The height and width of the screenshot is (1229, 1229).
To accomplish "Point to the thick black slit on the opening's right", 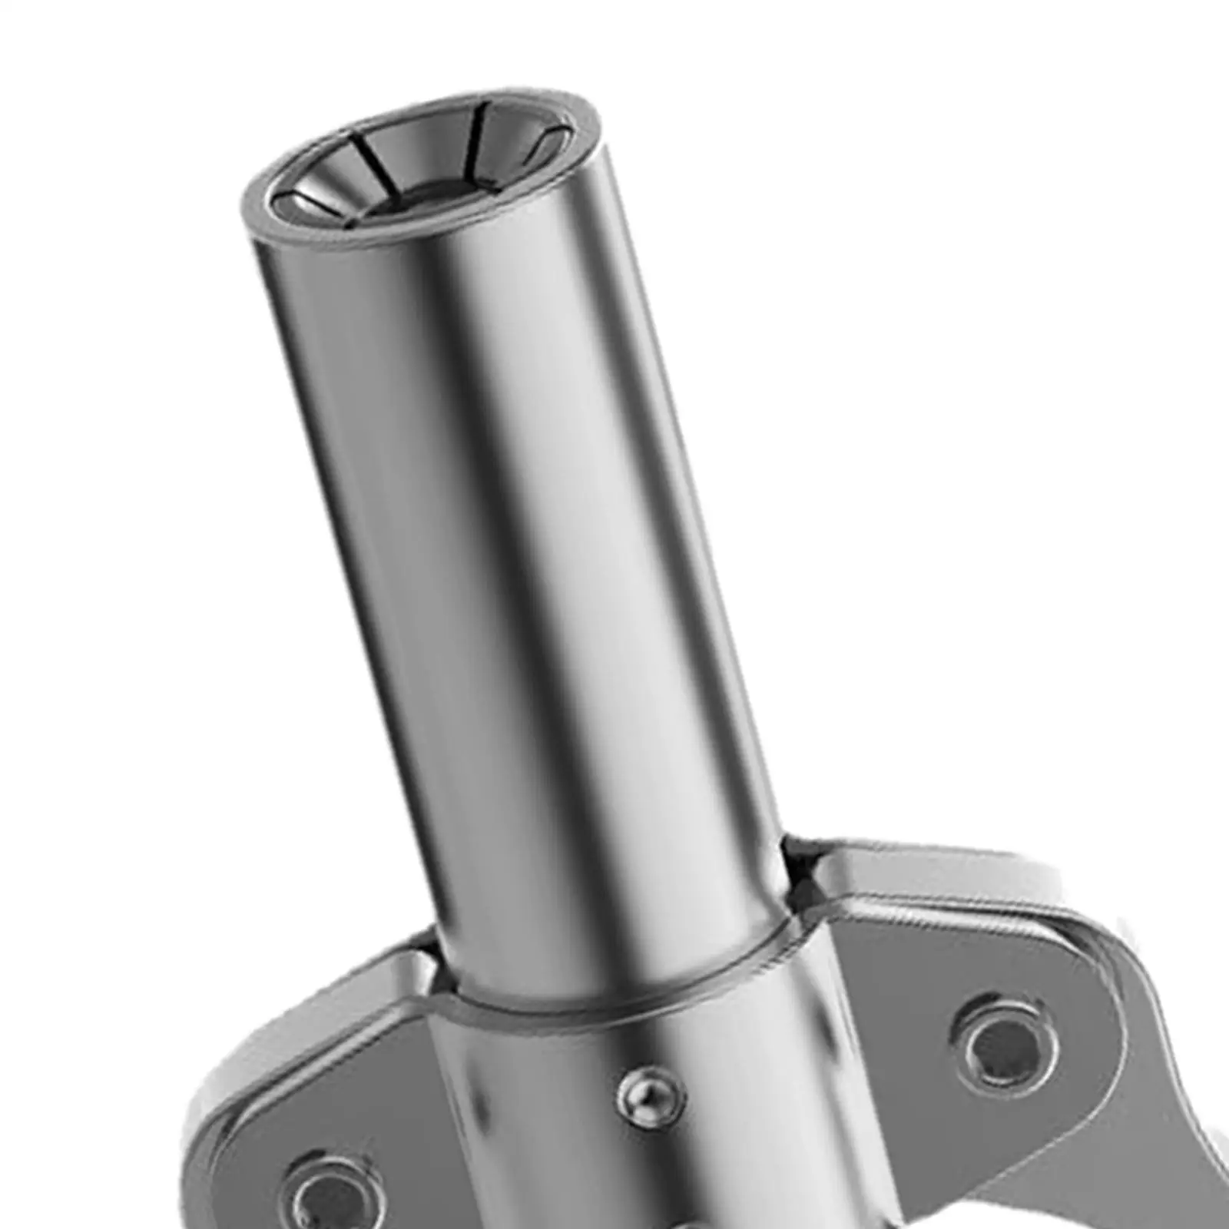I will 485,128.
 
